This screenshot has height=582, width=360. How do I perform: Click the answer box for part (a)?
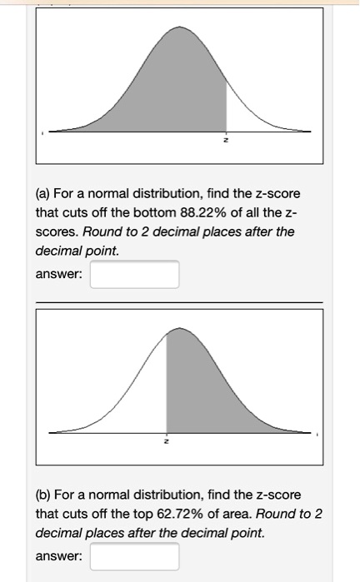134,274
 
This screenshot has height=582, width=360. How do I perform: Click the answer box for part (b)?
134,556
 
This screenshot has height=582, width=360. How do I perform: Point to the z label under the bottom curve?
167,440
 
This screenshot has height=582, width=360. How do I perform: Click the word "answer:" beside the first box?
58,274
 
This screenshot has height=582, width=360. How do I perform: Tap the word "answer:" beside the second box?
58,555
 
